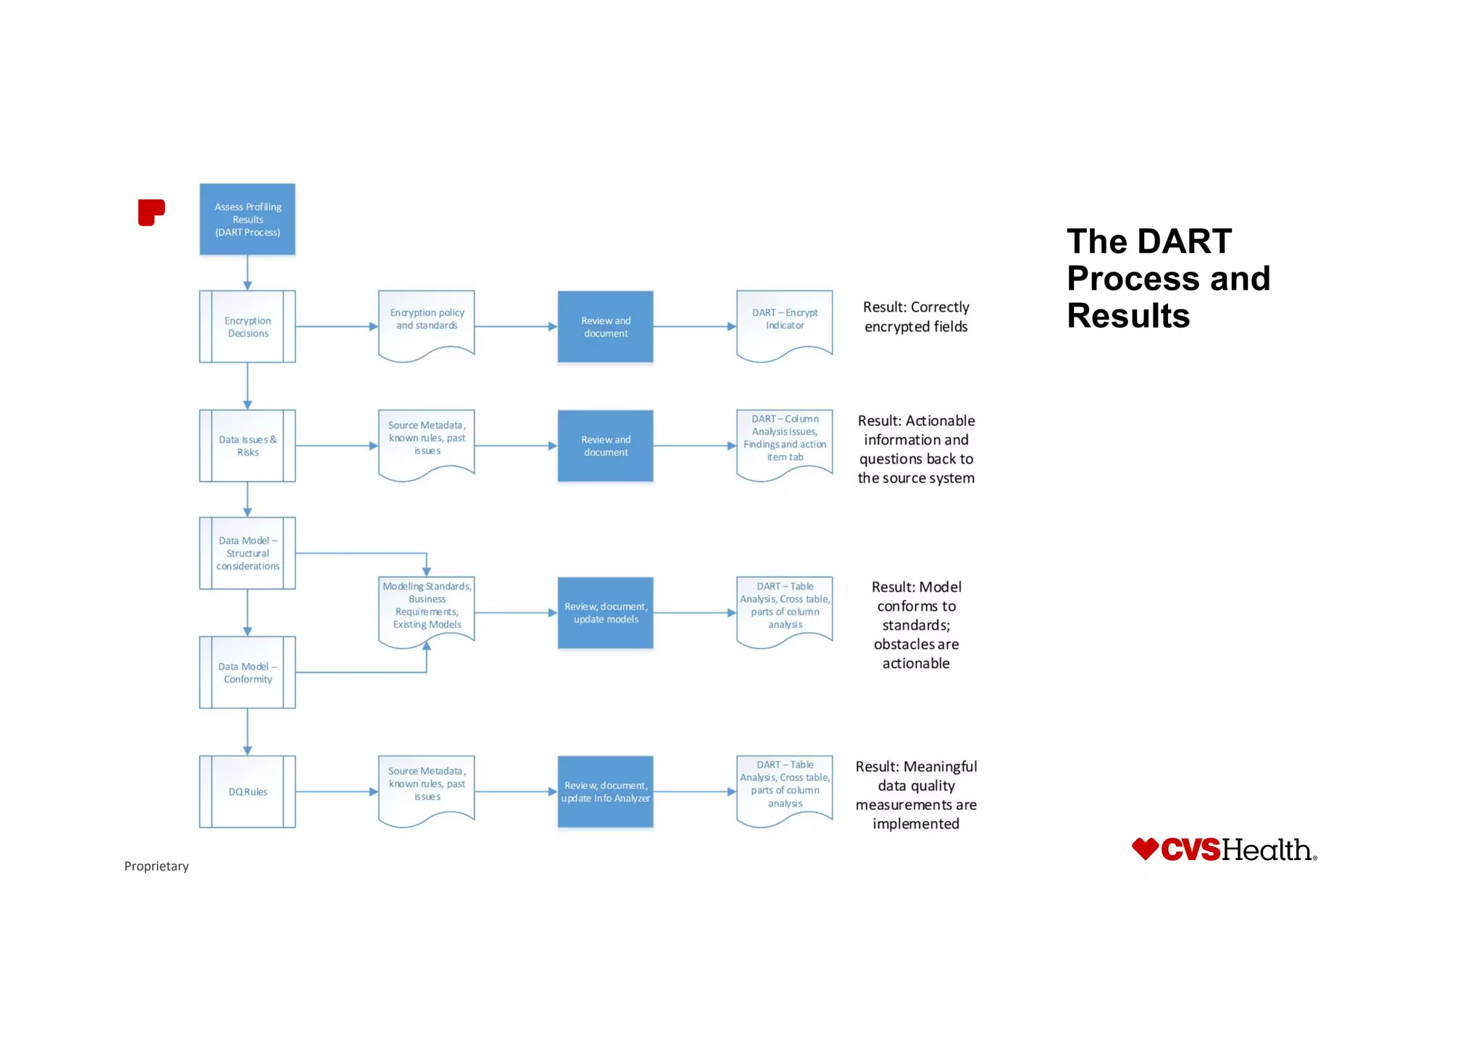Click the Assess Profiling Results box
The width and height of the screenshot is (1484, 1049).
(247, 219)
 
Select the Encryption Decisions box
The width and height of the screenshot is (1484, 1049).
(247, 327)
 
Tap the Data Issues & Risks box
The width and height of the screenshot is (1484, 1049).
(247, 446)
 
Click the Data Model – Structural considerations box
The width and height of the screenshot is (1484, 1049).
(247, 553)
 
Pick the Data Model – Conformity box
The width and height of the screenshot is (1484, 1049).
(247, 672)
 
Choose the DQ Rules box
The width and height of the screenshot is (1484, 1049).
(247, 792)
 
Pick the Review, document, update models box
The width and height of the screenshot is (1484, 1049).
(605, 613)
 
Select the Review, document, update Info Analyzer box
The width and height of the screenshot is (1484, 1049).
(605, 792)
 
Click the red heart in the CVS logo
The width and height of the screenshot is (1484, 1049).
(1145, 849)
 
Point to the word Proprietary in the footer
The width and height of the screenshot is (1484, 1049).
(157, 866)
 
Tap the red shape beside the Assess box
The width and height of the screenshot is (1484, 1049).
(151, 212)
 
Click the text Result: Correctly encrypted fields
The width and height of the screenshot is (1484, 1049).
(916, 317)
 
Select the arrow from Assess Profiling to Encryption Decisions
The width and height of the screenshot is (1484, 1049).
(247, 273)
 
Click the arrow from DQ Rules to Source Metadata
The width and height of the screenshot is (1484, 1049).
(336, 792)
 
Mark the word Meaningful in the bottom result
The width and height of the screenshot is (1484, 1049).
(941, 766)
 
